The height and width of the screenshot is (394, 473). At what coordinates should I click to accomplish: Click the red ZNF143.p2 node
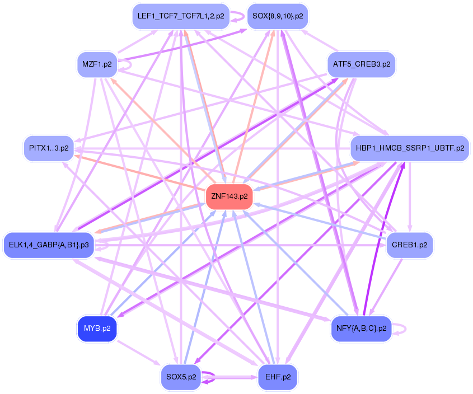pos(230,196)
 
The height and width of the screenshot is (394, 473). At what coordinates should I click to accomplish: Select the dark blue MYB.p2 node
pos(97,329)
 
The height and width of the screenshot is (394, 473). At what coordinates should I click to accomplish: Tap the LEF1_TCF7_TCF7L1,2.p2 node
pos(180,16)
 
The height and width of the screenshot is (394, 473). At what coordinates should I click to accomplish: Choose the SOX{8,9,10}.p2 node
pos(278,16)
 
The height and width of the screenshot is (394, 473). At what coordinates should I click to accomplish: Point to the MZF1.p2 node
pos(97,64)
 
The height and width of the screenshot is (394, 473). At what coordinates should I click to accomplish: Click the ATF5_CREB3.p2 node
pos(361,64)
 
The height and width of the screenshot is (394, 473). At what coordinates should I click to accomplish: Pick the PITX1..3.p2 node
pos(49,148)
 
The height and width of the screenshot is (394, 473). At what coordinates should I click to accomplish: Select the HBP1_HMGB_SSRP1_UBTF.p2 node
pos(409,148)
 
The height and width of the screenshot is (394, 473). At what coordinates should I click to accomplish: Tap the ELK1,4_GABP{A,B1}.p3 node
pos(49,245)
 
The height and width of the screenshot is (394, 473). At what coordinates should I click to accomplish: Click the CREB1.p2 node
pos(410,245)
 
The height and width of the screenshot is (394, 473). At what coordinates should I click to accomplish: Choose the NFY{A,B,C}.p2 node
pos(361,329)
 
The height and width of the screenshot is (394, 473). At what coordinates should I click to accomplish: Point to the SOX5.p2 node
pos(180,377)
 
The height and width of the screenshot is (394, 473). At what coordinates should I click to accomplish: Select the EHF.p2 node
pos(278,377)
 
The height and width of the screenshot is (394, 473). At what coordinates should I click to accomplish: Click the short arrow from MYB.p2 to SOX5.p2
pos(139,353)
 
